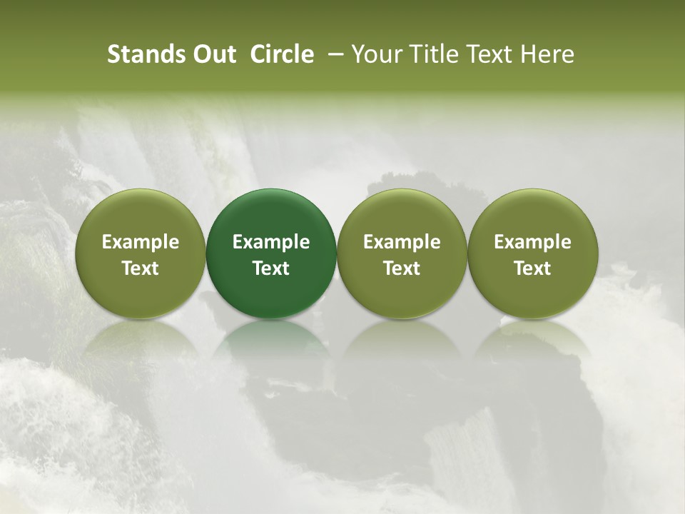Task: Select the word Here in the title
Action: click(548, 54)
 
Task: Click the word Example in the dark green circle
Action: click(271, 242)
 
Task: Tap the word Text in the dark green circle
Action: click(271, 268)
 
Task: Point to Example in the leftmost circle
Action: click(141, 242)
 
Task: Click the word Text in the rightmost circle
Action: click(533, 268)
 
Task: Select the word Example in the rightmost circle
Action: click(533, 242)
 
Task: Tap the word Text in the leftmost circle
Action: click(141, 268)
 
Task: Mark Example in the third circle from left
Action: click(402, 242)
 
